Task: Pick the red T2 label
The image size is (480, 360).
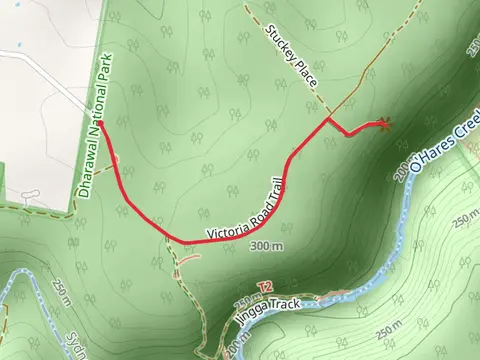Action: tap(264, 287)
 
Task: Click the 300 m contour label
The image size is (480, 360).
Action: tap(266, 246)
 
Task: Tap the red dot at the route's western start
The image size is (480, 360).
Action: tap(99, 124)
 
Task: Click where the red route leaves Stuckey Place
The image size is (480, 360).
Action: tap(329, 120)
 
